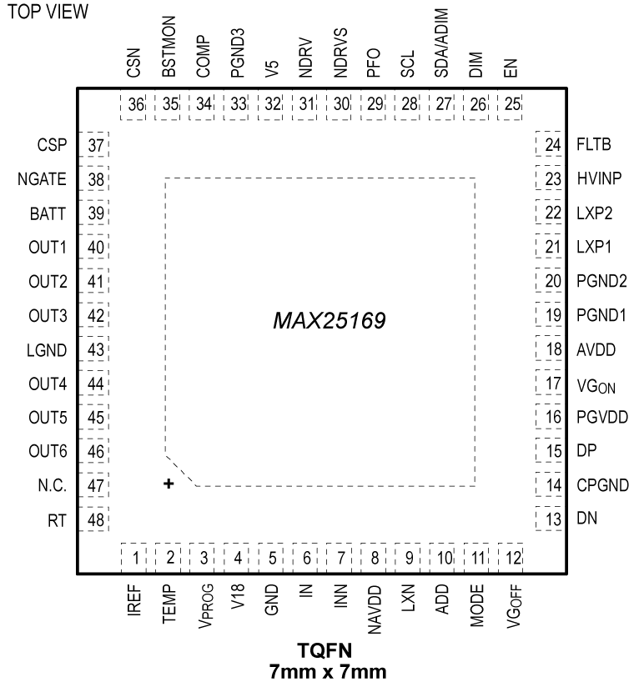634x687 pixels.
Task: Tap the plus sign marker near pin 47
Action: [169, 484]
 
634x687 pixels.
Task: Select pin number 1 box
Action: [134, 557]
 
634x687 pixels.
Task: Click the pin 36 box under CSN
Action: [134, 105]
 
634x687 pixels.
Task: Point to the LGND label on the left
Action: [51, 350]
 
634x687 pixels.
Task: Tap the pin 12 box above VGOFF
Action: [511, 557]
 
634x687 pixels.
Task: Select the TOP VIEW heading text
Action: [48, 15]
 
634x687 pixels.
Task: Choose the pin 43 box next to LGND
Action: [94, 350]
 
